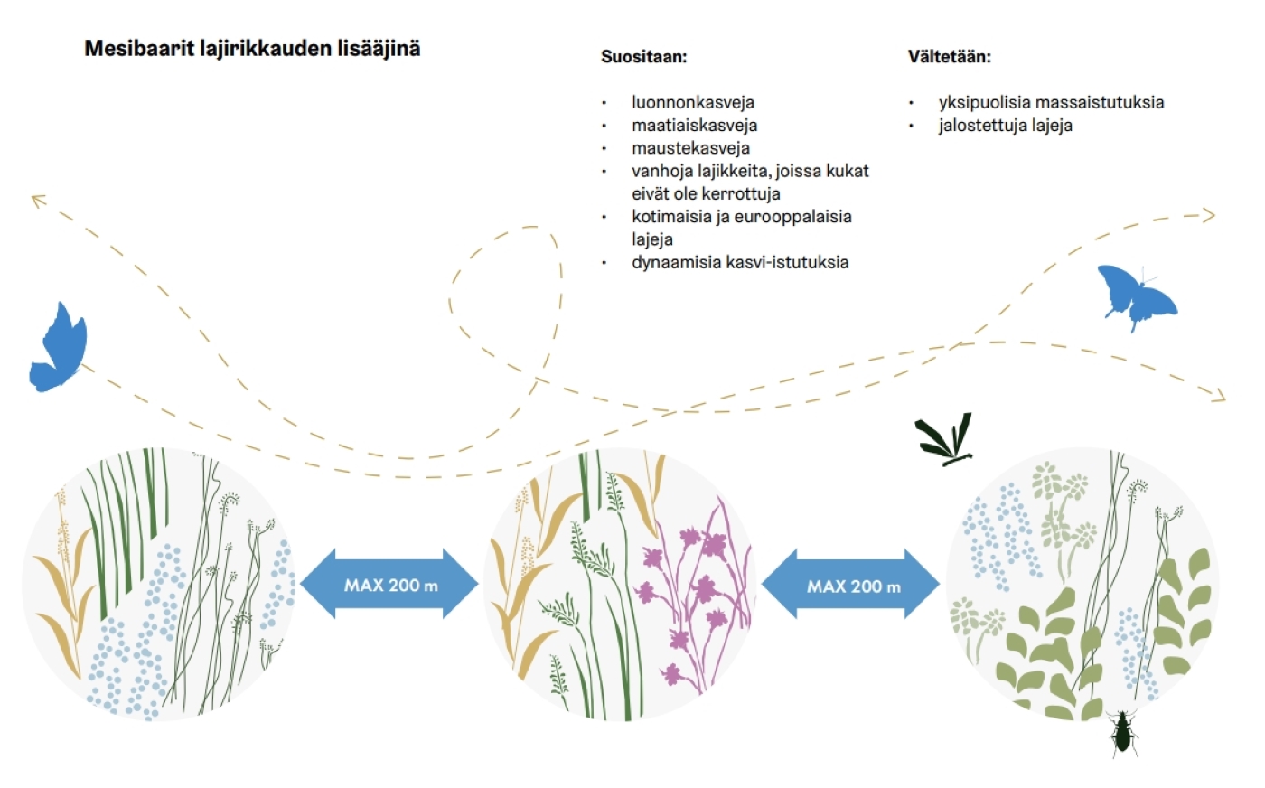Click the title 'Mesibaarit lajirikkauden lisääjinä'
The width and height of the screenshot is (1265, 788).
252,49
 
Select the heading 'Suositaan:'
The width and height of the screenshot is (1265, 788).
643,57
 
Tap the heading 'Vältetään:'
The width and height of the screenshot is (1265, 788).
950,57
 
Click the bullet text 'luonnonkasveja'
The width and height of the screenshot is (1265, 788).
693,103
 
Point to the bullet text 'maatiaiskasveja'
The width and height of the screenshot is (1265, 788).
695,126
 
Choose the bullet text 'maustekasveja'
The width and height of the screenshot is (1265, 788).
690,148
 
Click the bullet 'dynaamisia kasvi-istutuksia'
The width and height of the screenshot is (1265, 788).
740,263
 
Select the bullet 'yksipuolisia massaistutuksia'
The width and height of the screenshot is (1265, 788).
1051,103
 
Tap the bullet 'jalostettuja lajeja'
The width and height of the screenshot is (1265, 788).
1005,126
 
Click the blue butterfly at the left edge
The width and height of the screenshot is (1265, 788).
59,347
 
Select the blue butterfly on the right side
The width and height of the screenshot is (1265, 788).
1137,297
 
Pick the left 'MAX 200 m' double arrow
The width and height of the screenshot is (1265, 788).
389,584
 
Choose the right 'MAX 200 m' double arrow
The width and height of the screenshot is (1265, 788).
851,585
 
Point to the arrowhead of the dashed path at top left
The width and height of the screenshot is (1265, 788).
37,200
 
